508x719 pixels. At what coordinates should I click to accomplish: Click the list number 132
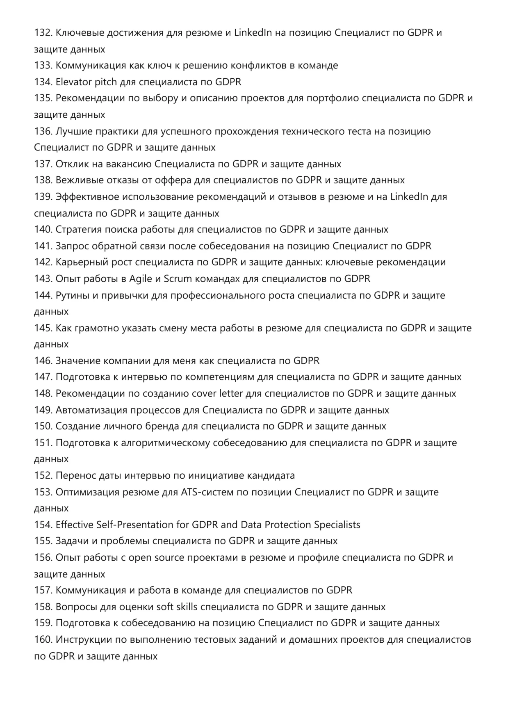coord(43,33)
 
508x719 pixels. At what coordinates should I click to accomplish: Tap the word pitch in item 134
coord(106,82)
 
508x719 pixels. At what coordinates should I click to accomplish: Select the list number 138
coord(43,180)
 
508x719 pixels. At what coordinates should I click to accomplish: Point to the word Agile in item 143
coord(140,279)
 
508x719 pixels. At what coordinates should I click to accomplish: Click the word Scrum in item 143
coord(178,279)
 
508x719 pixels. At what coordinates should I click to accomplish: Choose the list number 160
coord(43,640)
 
